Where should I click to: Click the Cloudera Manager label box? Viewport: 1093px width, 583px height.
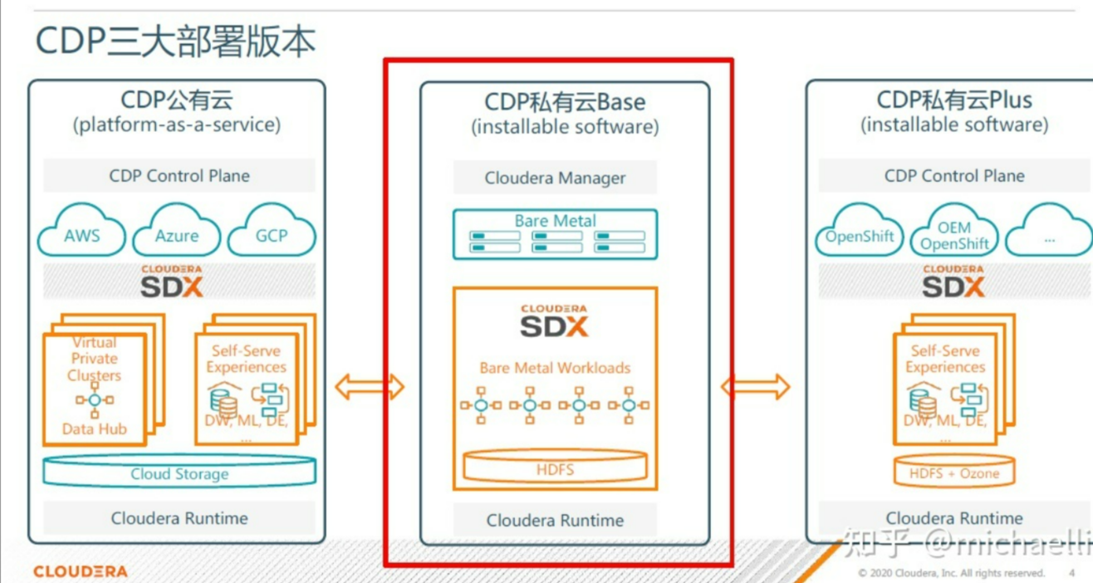click(555, 178)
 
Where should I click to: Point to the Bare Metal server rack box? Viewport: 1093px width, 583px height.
click(555, 234)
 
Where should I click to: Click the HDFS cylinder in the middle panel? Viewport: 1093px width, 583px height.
click(555, 468)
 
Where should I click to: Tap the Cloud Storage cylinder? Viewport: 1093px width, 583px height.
click(179, 473)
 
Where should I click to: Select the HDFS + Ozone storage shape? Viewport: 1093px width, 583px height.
click(954, 473)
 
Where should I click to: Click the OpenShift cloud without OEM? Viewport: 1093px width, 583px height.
click(859, 235)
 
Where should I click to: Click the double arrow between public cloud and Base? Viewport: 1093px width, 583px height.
click(370, 386)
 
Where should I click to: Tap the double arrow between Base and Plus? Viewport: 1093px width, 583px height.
click(756, 386)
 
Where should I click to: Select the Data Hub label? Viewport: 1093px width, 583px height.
click(94, 429)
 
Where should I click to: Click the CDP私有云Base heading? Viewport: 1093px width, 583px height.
click(565, 102)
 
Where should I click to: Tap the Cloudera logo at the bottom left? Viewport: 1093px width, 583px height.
click(81, 571)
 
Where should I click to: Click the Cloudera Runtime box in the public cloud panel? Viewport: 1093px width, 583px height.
click(179, 518)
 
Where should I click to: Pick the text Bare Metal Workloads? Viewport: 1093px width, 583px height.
click(555, 367)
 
